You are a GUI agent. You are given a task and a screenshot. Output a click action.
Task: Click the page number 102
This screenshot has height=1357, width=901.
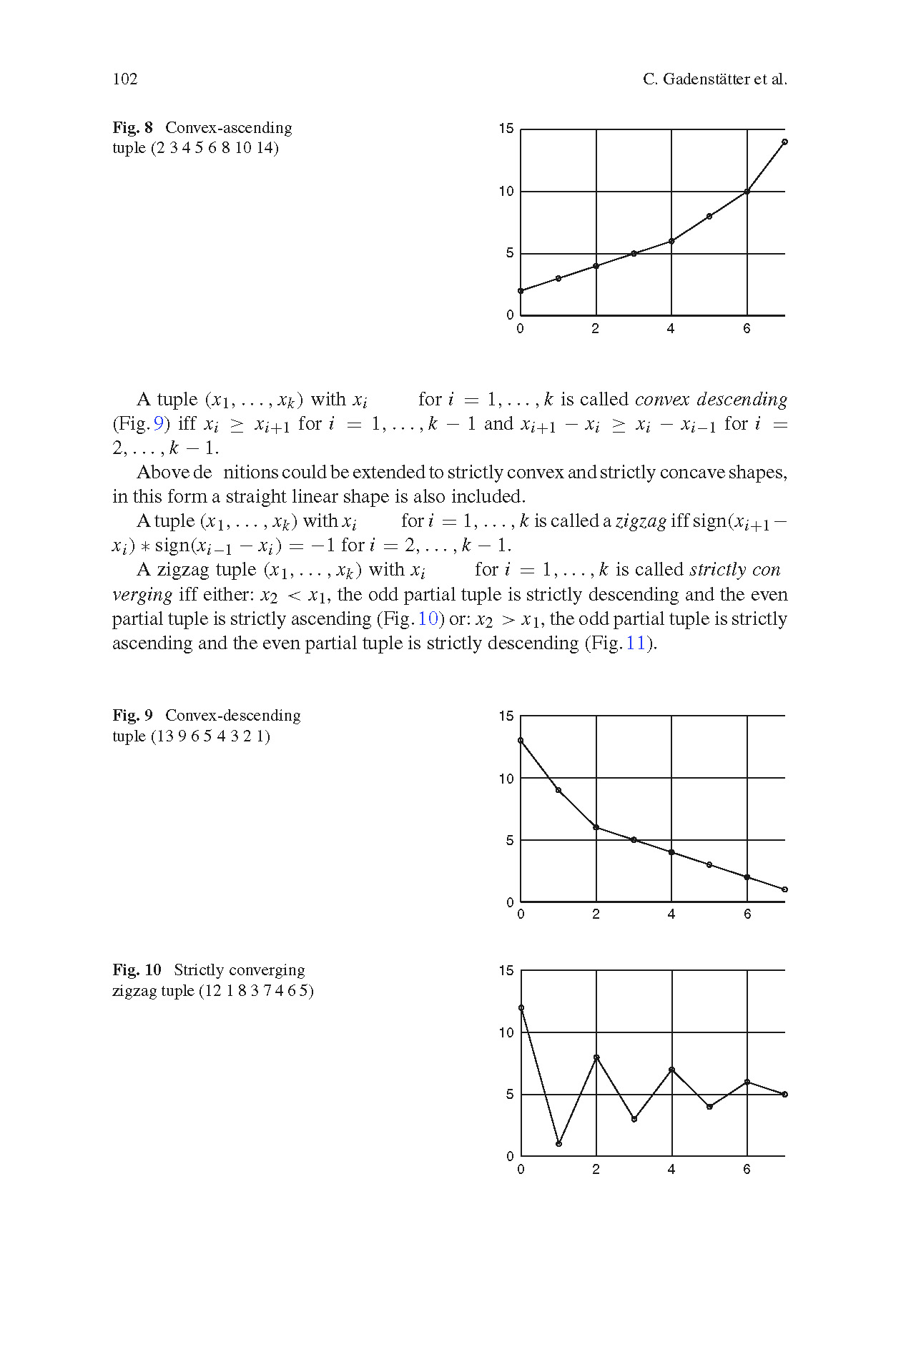(x=125, y=79)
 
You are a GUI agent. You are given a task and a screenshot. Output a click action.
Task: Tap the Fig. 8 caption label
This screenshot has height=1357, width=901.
(x=132, y=128)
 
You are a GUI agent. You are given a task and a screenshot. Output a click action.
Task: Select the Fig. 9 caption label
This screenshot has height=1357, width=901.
(x=132, y=716)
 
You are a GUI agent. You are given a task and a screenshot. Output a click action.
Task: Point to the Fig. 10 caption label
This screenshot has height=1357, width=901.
(x=137, y=970)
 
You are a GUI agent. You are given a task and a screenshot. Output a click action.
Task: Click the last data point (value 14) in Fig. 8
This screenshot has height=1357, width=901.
(x=784, y=142)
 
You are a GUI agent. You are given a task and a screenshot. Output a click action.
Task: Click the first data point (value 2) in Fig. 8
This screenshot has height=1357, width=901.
(x=521, y=290)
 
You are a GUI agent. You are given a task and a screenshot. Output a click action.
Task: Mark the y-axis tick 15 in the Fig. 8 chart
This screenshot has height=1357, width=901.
(x=506, y=129)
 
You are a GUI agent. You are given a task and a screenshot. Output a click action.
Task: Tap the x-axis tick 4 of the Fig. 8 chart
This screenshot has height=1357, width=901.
(x=671, y=330)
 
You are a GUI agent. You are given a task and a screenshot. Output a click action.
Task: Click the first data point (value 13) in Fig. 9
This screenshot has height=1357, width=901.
(x=521, y=741)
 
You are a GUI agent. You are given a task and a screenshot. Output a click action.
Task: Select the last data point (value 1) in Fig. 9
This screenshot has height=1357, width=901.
(x=784, y=889)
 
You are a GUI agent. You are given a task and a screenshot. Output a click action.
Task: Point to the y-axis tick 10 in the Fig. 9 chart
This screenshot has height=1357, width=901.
(x=506, y=779)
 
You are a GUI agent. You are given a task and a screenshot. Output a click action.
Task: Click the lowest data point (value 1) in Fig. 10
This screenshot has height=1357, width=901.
(x=558, y=1144)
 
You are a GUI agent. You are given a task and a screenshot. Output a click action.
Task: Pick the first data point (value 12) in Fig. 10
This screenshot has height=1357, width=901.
(x=521, y=1008)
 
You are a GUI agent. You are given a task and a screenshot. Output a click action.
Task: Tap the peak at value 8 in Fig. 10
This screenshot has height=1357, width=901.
(x=596, y=1057)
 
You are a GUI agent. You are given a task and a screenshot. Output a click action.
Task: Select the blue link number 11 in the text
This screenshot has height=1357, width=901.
(x=635, y=643)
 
